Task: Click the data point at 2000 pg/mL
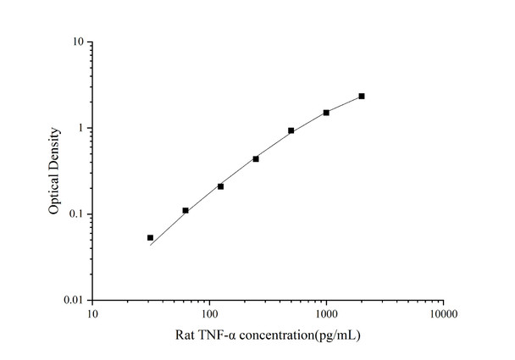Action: coord(362,97)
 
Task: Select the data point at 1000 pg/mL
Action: coord(326,113)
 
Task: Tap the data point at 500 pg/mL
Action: coord(291,130)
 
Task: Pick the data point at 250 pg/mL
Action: coord(256,158)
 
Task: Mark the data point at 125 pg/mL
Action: coord(220,186)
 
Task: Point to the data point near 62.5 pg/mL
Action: coord(186,210)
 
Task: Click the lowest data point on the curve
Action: coord(150,238)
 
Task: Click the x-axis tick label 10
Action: coord(92,314)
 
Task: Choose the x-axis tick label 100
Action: coord(209,314)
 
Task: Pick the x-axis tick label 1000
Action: coord(326,314)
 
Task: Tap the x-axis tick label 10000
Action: coord(443,314)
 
